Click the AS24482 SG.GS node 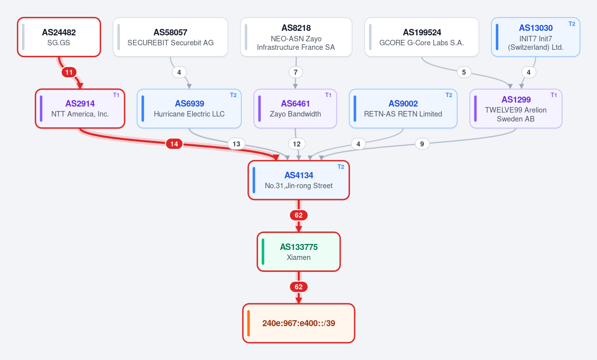coord(59,37)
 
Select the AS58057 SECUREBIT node coord(170,37)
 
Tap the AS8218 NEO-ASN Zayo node coord(296,37)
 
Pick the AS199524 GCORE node coord(421,37)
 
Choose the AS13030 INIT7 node coord(535,37)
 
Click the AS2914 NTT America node coord(80,109)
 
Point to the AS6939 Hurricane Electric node coord(189,109)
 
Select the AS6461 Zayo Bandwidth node coord(295,109)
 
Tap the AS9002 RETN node coord(403,109)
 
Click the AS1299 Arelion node coord(515,109)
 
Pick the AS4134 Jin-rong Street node coord(299,180)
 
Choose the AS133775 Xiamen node coord(299,252)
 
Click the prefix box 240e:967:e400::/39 coord(299,324)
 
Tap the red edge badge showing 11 coord(69,72)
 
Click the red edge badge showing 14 coord(174,144)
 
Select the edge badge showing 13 coord(237,144)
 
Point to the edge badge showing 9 coord(422,144)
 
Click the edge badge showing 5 coord(464,72)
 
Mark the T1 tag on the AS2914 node coord(116,95)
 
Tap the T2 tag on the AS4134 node coord(341,167)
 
